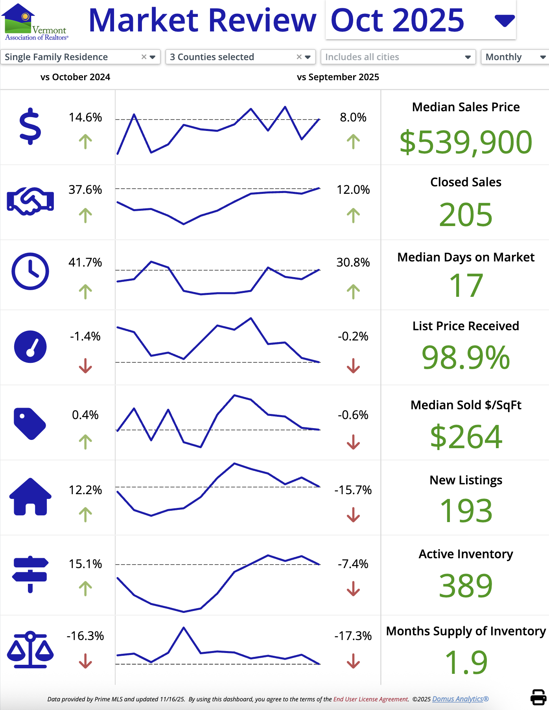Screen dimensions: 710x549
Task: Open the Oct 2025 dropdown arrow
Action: pyautogui.click(x=505, y=20)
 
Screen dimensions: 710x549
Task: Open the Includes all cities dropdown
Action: pyautogui.click(x=398, y=57)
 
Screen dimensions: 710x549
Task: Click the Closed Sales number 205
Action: pyautogui.click(x=466, y=215)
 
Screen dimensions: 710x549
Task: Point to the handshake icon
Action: pyautogui.click(x=30, y=201)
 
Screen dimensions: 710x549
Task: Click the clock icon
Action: pyautogui.click(x=30, y=271)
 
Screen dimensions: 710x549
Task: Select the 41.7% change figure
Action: pyautogui.click(x=85, y=262)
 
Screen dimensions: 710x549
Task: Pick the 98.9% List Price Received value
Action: pyautogui.click(x=466, y=358)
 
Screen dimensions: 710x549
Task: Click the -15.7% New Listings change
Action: pyautogui.click(x=353, y=490)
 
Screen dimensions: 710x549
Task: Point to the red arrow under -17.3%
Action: pyautogui.click(x=353, y=661)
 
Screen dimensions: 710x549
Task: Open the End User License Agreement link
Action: pyautogui.click(x=371, y=699)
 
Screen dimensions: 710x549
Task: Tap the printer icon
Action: pyautogui.click(x=538, y=697)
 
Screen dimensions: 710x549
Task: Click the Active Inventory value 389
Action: pyautogui.click(x=466, y=586)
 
